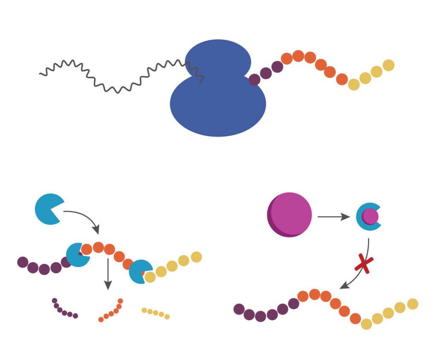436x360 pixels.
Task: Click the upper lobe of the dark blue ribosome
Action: [x=218, y=57]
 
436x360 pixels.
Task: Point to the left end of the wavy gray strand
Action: [x=41, y=74]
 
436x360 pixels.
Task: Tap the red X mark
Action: [x=364, y=264]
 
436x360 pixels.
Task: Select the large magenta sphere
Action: [x=290, y=214]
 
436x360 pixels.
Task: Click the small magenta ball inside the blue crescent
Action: [x=370, y=217]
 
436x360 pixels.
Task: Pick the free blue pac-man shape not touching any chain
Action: [x=49, y=209]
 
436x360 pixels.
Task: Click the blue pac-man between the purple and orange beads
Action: [x=77, y=255]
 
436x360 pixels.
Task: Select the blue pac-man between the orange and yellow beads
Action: [x=139, y=271]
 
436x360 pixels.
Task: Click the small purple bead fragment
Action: [x=64, y=310]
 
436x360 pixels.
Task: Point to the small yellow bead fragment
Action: [x=156, y=313]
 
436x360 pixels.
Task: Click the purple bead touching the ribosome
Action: [x=255, y=80]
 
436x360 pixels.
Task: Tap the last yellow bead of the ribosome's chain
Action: [x=388, y=65]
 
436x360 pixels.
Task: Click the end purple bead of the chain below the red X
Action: [x=239, y=309]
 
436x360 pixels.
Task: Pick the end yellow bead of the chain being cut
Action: [x=196, y=257]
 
